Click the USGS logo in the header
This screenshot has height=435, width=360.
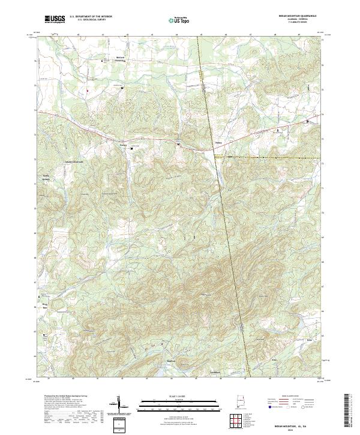[x=55, y=19]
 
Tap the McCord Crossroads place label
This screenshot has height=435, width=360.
[x=121, y=59]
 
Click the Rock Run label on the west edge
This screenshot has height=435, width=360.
[x=44, y=305]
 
